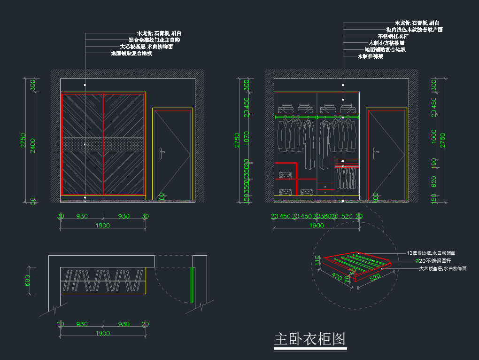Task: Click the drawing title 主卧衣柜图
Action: click(310, 339)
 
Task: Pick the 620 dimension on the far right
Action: click(434, 180)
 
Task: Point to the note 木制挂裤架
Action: click(370, 56)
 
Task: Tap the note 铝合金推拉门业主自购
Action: click(154, 40)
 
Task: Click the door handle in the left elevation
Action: click(161, 154)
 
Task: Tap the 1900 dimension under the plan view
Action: click(103, 333)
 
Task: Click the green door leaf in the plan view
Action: click(192, 285)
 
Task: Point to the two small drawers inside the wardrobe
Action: click(325, 189)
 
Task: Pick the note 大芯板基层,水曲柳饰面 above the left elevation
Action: click(147, 47)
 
